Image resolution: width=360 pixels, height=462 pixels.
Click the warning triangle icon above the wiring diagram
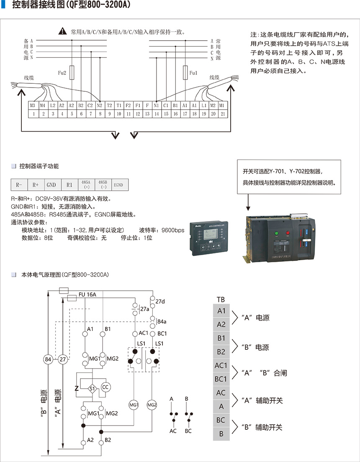[x=62, y=31]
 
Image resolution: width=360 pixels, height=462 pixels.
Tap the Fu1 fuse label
[x=193, y=72]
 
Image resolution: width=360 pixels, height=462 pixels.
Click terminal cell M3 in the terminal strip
[x=33, y=105]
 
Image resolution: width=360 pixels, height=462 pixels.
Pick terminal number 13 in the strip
[x=147, y=114]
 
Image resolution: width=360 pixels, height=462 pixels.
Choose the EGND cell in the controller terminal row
[x=120, y=185]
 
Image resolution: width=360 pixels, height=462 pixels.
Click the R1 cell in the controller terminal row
[x=69, y=185]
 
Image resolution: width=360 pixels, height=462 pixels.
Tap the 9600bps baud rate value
[x=173, y=230]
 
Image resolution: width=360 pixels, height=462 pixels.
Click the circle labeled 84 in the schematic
[x=48, y=359]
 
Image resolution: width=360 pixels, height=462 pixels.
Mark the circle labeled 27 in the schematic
[x=62, y=359]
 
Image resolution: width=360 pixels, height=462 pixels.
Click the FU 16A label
[x=87, y=294]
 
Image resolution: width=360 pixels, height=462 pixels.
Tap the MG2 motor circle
[x=152, y=405]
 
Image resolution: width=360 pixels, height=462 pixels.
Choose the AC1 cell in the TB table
[x=221, y=365]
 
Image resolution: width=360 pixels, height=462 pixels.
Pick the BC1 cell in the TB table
[x=221, y=379]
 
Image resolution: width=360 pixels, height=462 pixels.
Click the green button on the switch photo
[x=276, y=234]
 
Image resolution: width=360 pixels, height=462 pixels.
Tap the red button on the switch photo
[x=288, y=233]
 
